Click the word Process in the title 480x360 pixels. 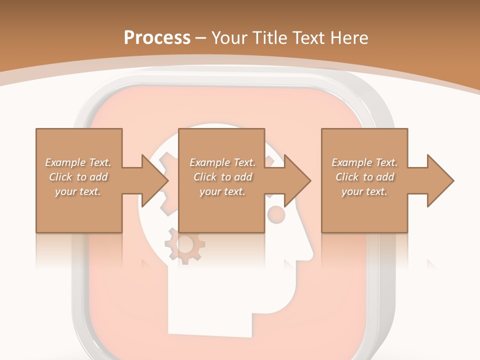coord(157,38)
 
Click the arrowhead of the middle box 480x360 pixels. coord(297,180)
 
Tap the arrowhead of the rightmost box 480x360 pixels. coord(440,180)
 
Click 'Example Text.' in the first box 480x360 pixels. coord(78,162)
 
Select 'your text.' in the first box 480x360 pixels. coord(78,191)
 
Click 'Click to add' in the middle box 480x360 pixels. coord(222,177)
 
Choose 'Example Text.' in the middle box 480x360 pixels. coord(222,162)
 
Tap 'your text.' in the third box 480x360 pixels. coord(364,191)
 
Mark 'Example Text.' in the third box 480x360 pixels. coord(364,162)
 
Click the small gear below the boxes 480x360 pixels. coord(184,245)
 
